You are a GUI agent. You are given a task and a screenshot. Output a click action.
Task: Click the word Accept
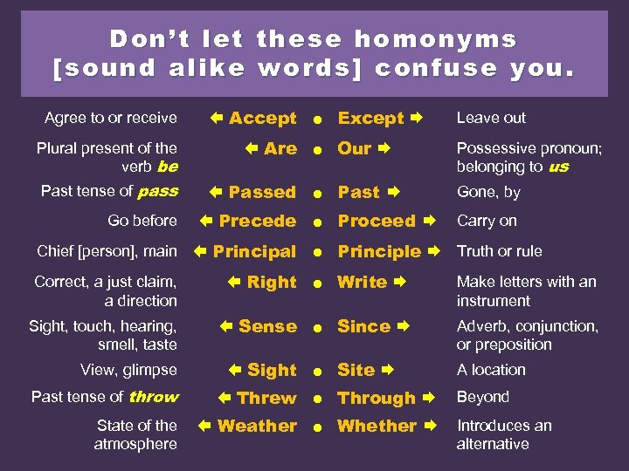(262, 119)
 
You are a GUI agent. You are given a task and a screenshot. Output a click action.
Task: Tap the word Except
(370, 119)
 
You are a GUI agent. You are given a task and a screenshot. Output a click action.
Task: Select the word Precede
(258, 222)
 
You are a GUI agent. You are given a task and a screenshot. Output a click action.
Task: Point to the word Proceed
(377, 222)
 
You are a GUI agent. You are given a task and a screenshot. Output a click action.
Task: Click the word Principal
(254, 252)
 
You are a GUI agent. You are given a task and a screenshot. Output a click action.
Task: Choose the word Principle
(379, 252)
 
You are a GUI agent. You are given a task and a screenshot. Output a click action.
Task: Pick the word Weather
(257, 427)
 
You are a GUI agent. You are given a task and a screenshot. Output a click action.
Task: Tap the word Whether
(377, 427)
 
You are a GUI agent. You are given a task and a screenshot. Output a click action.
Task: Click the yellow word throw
(154, 397)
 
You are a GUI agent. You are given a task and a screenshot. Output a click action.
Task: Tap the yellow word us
(559, 167)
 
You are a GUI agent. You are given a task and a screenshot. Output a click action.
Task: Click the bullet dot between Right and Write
(320, 283)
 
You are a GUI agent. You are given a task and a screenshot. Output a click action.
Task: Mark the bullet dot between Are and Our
(320, 150)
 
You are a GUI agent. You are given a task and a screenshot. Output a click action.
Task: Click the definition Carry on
(487, 221)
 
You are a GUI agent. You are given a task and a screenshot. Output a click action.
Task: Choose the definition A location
(491, 370)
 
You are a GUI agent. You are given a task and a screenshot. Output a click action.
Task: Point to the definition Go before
(142, 221)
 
